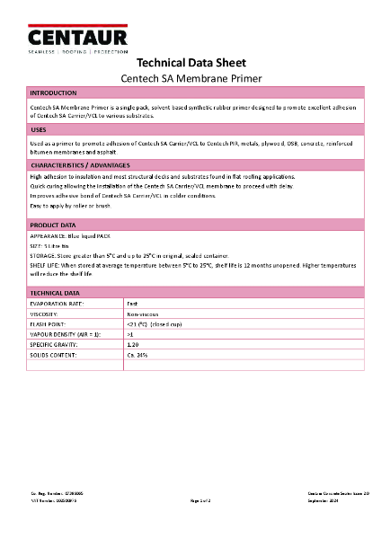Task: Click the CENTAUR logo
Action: [x=77, y=38]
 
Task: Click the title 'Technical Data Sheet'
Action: [x=190, y=63]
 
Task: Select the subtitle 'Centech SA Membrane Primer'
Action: [x=190, y=78]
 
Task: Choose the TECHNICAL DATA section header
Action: [x=56, y=293]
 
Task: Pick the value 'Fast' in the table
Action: [x=133, y=305]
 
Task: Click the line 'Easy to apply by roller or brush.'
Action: [x=72, y=206]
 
